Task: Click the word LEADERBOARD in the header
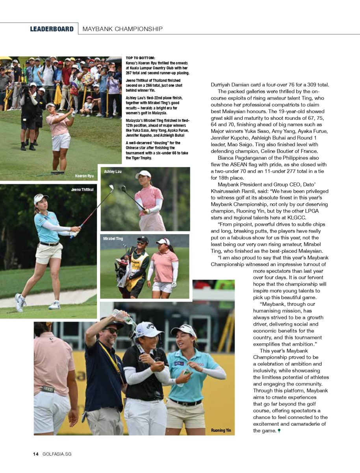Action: [x=52, y=29]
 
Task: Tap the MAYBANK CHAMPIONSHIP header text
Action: [x=122, y=29]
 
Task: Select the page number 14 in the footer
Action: [x=35, y=454]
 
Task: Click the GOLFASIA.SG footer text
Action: [x=57, y=454]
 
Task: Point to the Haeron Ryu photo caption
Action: [x=84, y=176]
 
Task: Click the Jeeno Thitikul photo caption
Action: [x=82, y=190]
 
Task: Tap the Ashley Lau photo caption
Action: [x=113, y=172]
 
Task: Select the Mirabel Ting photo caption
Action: [x=113, y=239]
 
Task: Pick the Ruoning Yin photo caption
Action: [x=221, y=430]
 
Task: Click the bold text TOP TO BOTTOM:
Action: [x=141, y=58]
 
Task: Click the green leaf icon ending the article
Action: [x=279, y=431]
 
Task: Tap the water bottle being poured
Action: [x=123, y=317]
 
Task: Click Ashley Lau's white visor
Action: [x=143, y=174]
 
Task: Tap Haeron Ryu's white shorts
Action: [x=61, y=142]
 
